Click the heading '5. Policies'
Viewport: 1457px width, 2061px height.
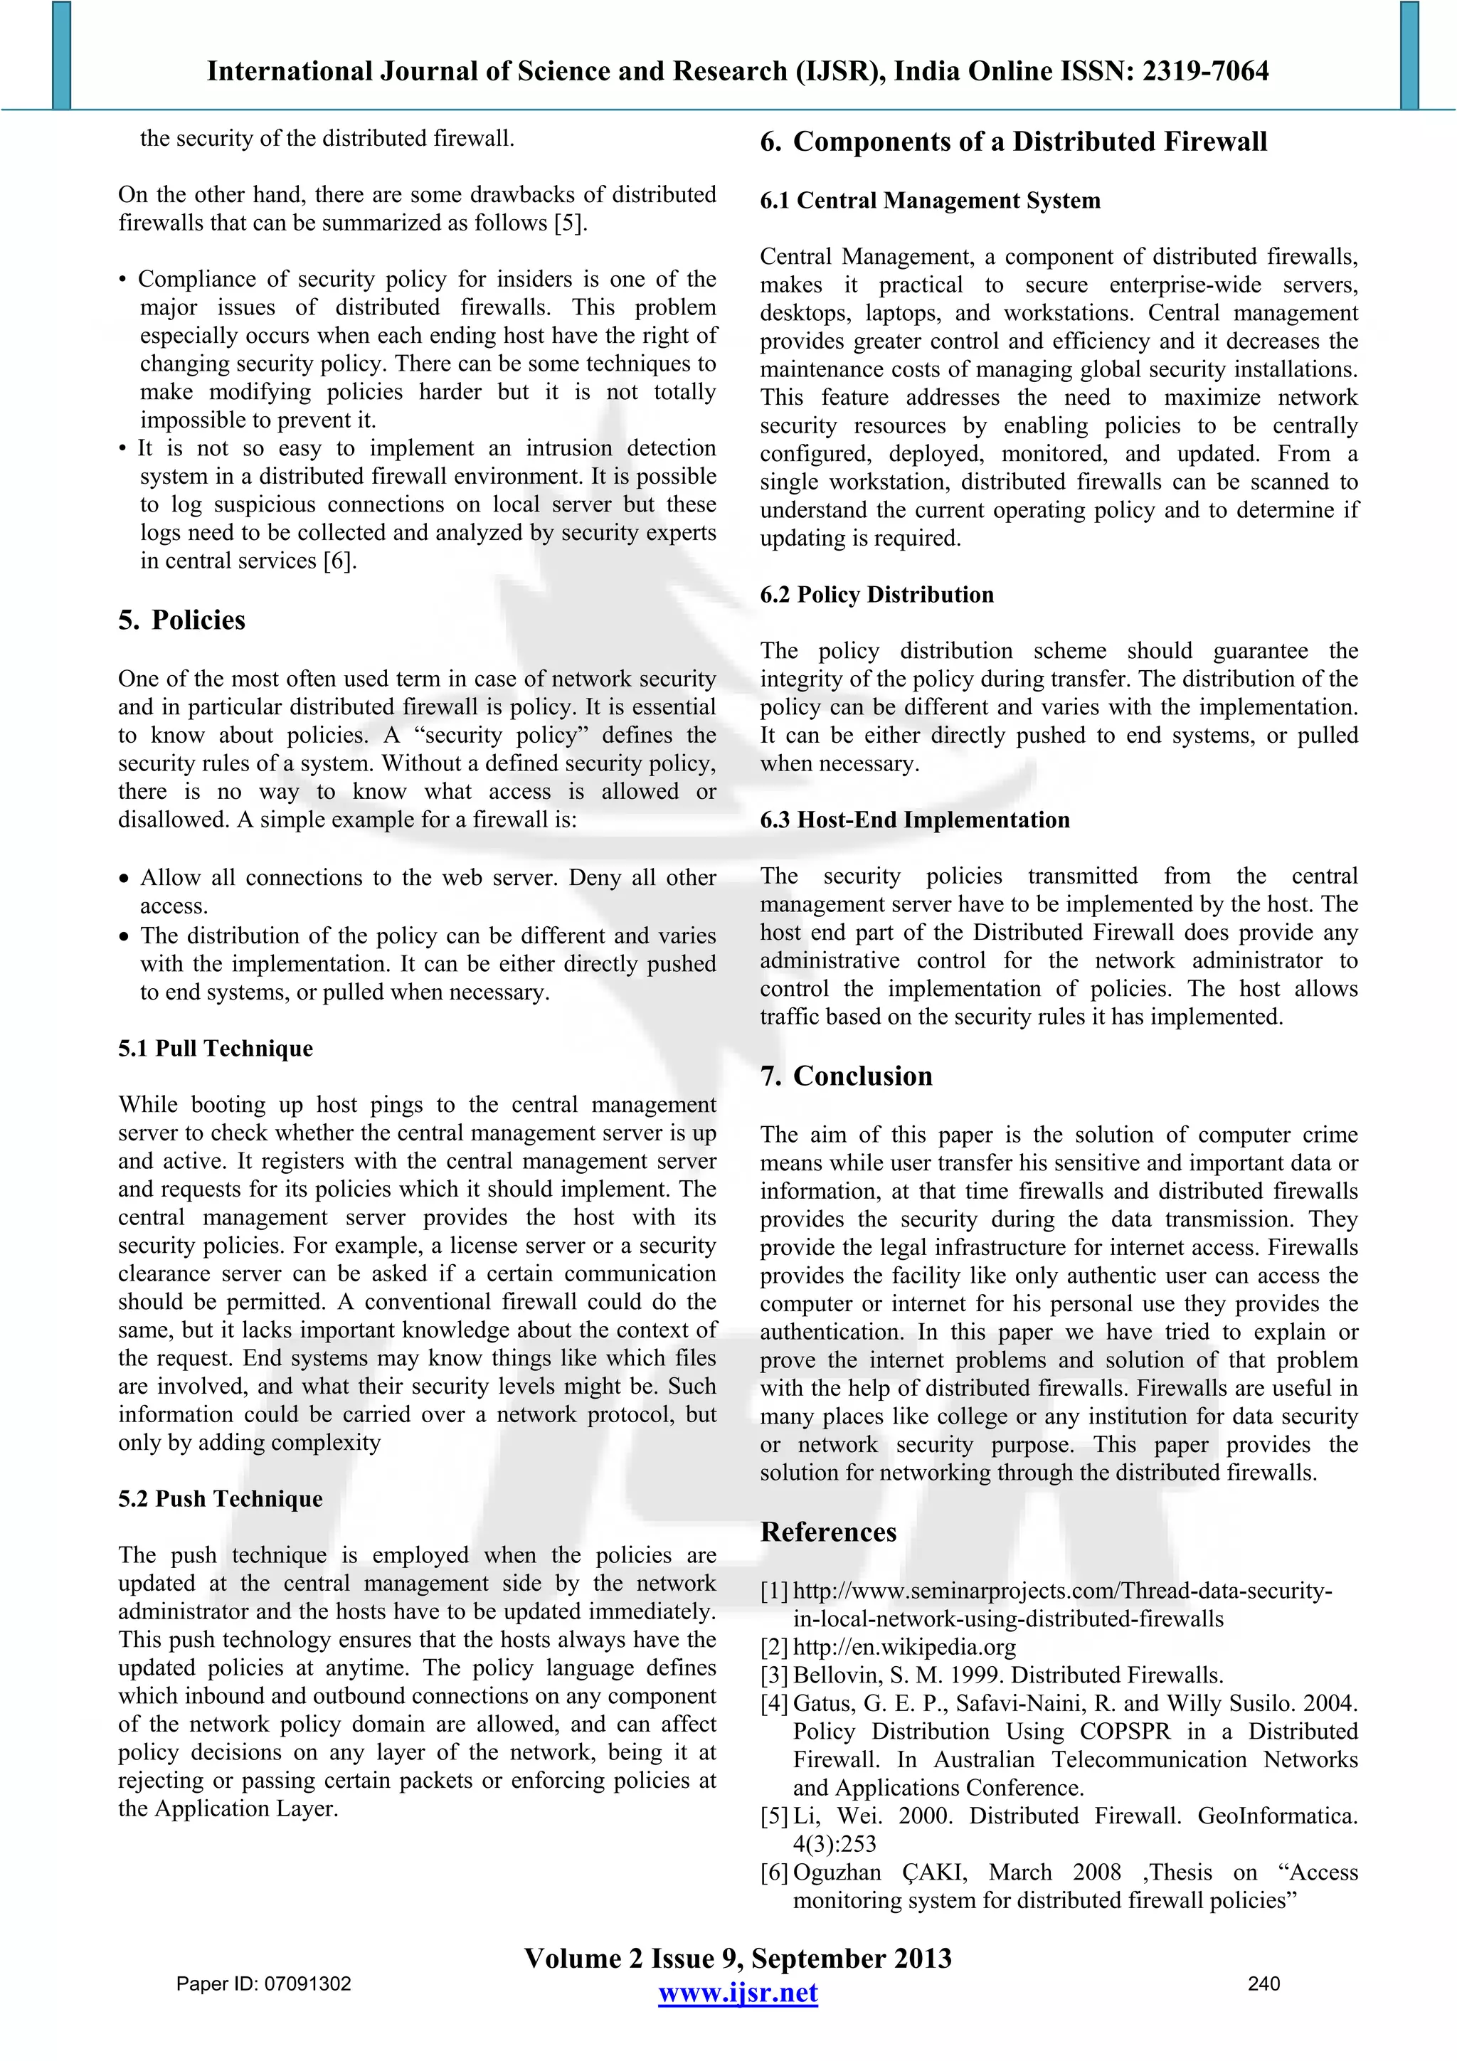[x=181, y=620]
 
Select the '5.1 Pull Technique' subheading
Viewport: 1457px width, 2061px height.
[x=216, y=1049]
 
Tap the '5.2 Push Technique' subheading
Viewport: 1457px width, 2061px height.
[x=220, y=1499]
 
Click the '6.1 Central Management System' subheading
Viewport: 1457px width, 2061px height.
[x=930, y=200]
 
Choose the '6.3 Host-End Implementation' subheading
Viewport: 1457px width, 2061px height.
[x=915, y=820]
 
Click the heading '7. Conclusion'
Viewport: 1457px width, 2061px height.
[x=846, y=1076]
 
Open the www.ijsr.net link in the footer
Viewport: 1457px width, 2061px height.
[x=737, y=1993]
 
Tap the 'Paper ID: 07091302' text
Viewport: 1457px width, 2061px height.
[x=264, y=1983]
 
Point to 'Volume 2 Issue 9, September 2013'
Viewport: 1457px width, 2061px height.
[x=737, y=1958]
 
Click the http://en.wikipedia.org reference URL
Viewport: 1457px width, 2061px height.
[x=904, y=1647]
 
